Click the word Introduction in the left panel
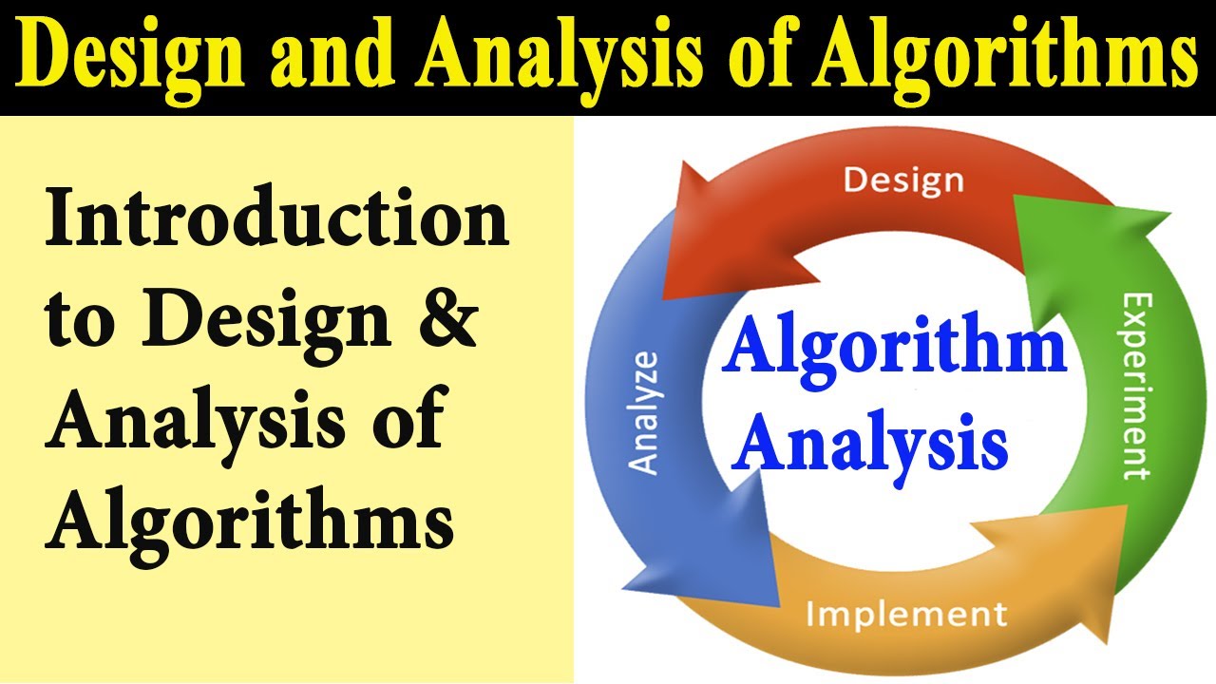(276, 220)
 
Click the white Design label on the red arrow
(903, 180)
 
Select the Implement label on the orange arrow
(904, 614)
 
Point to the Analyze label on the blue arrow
(645, 412)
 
